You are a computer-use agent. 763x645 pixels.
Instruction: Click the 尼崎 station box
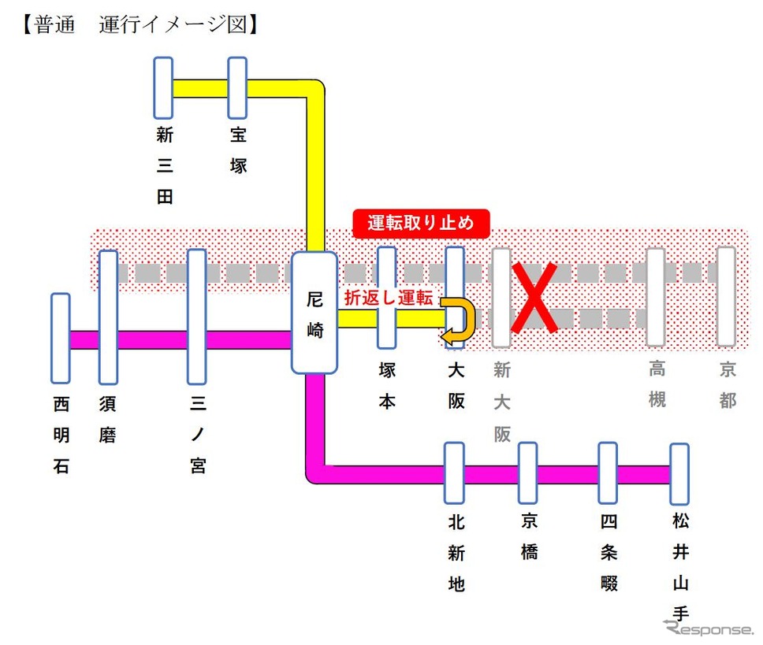(315, 313)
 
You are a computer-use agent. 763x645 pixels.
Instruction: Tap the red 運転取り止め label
(421, 224)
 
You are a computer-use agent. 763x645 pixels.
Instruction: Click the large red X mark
(534, 298)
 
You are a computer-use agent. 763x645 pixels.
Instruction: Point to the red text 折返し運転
(389, 298)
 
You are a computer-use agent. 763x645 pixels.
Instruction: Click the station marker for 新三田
(163, 88)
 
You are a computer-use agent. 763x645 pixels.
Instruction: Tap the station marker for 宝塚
(237, 88)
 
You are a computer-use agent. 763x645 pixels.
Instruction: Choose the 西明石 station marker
(61, 339)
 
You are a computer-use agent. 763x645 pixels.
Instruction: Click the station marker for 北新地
(455, 473)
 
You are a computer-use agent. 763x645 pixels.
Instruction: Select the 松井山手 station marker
(679, 474)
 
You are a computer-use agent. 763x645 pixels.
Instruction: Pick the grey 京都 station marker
(726, 296)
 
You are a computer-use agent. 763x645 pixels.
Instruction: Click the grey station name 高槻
(657, 384)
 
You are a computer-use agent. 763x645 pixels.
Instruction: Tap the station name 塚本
(387, 386)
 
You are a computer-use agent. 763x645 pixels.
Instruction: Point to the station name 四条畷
(609, 552)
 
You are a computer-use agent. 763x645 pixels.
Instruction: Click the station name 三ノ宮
(198, 434)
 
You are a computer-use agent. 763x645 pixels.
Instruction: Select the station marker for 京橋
(528, 473)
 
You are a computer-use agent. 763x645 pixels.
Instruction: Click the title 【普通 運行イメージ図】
(140, 24)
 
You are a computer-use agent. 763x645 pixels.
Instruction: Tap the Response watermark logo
(708, 628)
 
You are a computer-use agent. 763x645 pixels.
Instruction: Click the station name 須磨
(107, 419)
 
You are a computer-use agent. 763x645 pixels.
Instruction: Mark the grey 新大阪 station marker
(501, 298)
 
